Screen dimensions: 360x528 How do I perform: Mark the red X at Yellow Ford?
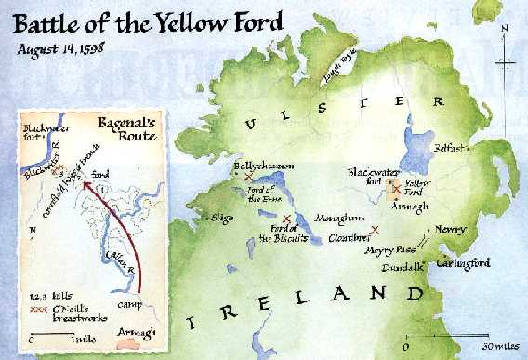[x=397, y=188]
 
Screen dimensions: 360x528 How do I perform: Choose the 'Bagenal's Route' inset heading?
[x=128, y=127]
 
